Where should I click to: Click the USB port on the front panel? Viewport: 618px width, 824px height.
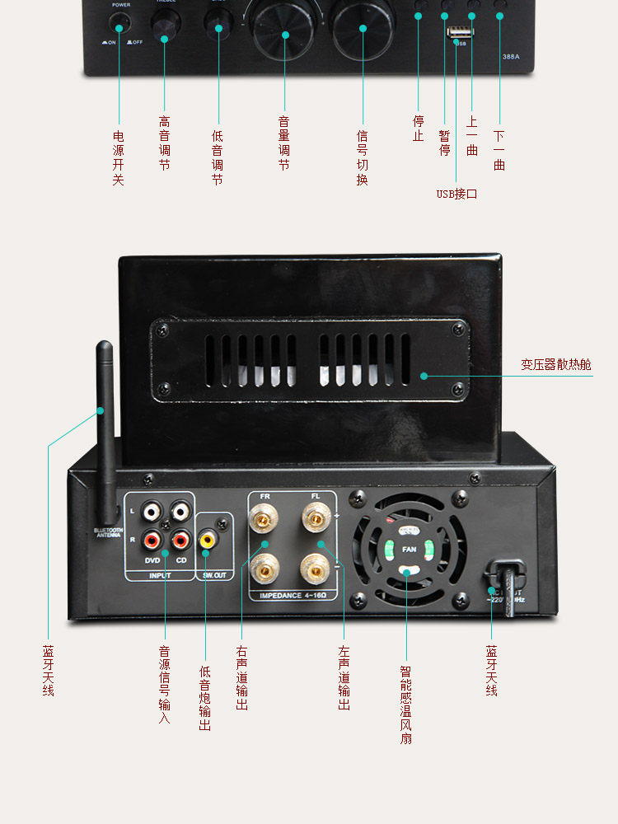pos(456,32)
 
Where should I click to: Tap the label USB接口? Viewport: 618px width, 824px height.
pos(456,194)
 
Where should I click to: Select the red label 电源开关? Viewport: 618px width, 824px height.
pos(118,157)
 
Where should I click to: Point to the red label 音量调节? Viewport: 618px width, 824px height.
pos(284,143)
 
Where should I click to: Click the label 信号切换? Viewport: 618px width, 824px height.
pos(362,157)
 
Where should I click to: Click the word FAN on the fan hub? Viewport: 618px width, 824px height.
pos(410,549)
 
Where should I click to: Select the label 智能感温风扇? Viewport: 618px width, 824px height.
pos(405,705)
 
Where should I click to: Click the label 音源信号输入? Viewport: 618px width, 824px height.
pos(165,685)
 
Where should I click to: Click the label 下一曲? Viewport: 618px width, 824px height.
pos(499,150)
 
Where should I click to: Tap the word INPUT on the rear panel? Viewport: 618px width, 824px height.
pos(160,575)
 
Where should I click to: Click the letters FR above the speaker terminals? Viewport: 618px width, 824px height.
pos(265,496)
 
